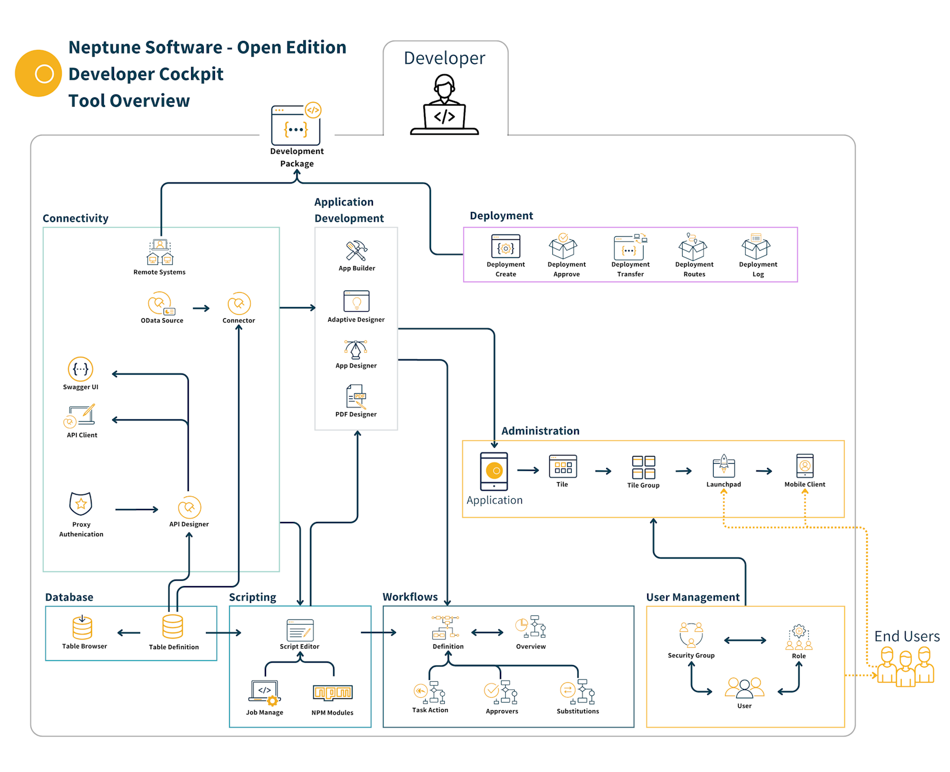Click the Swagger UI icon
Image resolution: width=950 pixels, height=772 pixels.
pyautogui.click(x=80, y=369)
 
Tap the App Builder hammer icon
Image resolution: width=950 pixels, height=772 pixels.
pyautogui.click(x=356, y=251)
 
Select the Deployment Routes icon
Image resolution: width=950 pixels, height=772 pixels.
pyautogui.click(x=693, y=247)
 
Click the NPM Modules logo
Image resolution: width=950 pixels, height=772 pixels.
pyautogui.click(x=332, y=692)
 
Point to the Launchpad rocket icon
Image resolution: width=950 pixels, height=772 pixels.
pyautogui.click(x=724, y=466)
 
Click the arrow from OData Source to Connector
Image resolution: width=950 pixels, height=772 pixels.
pyautogui.click(x=201, y=308)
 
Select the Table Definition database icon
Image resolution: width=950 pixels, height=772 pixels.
pyautogui.click(x=173, y=627)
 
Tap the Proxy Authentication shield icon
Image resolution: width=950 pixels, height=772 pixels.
pyautogui.click(x=81, y=504)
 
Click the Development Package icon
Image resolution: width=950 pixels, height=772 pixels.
pyautogui.click(x=296, y=126)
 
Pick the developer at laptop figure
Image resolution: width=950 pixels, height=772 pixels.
pyautogui.click(x=444, y=105)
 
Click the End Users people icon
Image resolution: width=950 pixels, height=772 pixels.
pyautogui.click(x=905, y=666)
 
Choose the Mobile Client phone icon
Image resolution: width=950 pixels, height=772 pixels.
pyautogui.click(x=805, y=466)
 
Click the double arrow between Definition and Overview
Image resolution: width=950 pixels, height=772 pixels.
pyautogui.click(x=487, y=632)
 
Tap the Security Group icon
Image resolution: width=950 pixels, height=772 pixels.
pyautogui.click(x=691, y=635)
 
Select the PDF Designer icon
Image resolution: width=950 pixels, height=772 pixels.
pyautogui.click(x=356, y=397)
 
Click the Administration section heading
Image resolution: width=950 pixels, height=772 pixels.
pyautogui.click(x=540, y=431)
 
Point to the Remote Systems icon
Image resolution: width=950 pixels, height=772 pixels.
pyautogui.click(x=160, y=252)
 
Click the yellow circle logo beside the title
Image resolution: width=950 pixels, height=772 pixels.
pyautogui.click(x=39, y=73)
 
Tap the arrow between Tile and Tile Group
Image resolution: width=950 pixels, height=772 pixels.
pyautogui.click(x=603, y=471)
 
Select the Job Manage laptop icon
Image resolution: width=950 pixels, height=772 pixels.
pyautogui.click(x=264, y=692)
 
